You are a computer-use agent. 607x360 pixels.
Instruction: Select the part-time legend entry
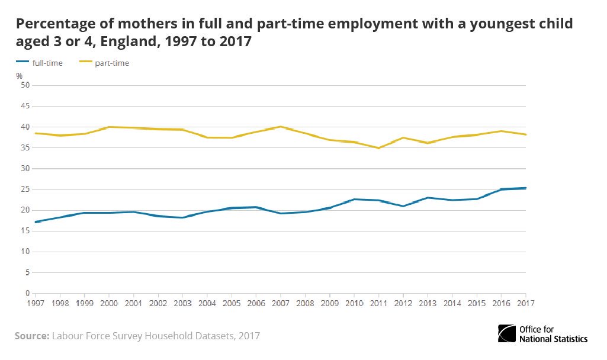[111, 63]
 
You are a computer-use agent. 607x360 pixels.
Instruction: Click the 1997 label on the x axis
[36, 303]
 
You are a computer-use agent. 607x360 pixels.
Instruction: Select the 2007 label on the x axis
[281, 303]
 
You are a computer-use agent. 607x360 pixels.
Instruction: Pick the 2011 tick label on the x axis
[378, 303]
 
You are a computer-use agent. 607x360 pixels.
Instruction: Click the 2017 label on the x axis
[525, 303]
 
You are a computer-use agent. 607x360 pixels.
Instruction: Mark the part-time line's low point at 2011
[378, 148]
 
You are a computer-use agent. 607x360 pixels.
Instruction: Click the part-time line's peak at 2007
[281, 127]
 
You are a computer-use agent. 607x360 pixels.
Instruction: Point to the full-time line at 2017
[525, 188]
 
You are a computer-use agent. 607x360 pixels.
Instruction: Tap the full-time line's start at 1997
[36, 222]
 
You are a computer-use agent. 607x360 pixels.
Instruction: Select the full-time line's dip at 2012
[403, 206]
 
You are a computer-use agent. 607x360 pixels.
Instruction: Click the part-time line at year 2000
[109, 127]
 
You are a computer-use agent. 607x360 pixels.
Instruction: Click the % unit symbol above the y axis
[19, 76]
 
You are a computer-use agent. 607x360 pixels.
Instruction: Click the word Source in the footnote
[31, 336]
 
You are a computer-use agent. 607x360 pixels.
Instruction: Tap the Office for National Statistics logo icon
[508, 333]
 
